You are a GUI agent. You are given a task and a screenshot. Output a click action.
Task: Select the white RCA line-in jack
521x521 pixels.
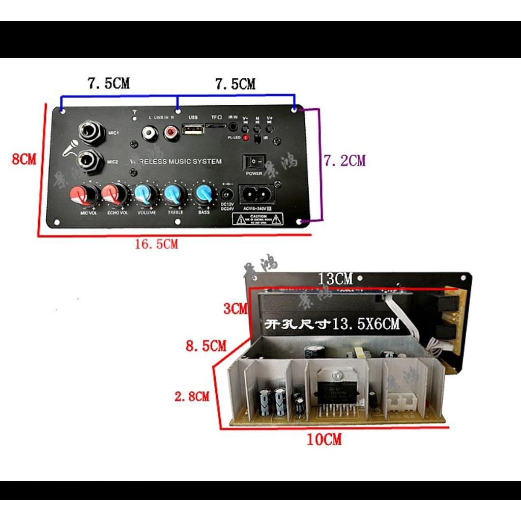pyautogui.click(x=150, y=134)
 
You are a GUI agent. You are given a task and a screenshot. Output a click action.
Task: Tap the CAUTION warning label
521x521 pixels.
pyautogui.click(x=257, y=219)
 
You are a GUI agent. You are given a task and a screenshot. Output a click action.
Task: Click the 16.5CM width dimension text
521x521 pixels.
pyautogui.click(x=156, y=244)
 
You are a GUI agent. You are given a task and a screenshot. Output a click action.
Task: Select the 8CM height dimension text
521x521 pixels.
pyautogui.click(x=24, y=159)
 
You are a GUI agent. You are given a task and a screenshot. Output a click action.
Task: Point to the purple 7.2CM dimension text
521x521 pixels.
pyautogui.click(x=345, y=161)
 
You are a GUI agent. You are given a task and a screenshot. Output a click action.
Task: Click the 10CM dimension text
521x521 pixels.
pyautogui.click(x=324, y=440)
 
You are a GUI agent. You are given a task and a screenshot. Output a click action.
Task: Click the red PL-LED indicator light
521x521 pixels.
pyautogui.click(x=245, y=138)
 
